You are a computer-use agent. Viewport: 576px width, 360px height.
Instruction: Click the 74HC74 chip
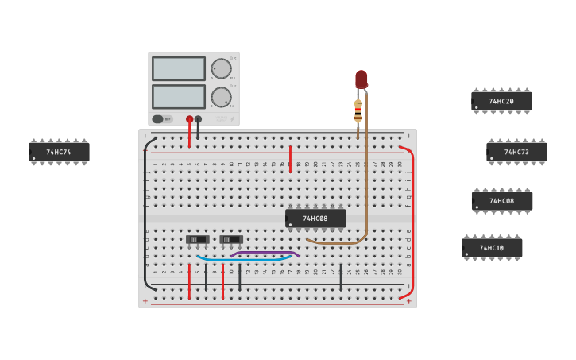click(x=59, y=152)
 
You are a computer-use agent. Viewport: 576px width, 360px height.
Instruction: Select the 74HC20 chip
click(x=501, y=101)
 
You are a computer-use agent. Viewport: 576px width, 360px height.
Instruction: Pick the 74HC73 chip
click(x=516, y=152)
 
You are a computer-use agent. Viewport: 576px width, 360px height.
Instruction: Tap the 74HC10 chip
click(x=492, y=248)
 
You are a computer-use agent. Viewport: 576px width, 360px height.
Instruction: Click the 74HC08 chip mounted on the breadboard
click(x=315, y=218)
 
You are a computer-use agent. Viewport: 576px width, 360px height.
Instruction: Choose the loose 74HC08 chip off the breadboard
click(x=501, y=201)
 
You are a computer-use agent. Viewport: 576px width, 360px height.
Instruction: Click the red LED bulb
click(x=361, y=79)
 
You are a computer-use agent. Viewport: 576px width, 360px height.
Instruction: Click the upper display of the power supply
click(x=178, y=69)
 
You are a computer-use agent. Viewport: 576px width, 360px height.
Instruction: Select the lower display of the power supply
click(x=178, y=96)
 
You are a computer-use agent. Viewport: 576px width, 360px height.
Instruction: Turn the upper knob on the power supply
click(x=221, y=68)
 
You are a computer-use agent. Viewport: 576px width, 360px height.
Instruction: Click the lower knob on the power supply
click(x=221, y=97)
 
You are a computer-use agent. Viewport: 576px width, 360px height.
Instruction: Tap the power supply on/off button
click(x=158, y=119)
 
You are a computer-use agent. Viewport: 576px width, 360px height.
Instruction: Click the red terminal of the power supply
click(x=189, y=119)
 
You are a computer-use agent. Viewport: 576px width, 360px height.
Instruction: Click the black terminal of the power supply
click(x=199, y=119)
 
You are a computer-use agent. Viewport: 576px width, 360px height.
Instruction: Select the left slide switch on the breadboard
click(x=197, y=239)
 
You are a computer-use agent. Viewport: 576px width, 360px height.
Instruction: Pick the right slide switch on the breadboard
click(x=231, y=239)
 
